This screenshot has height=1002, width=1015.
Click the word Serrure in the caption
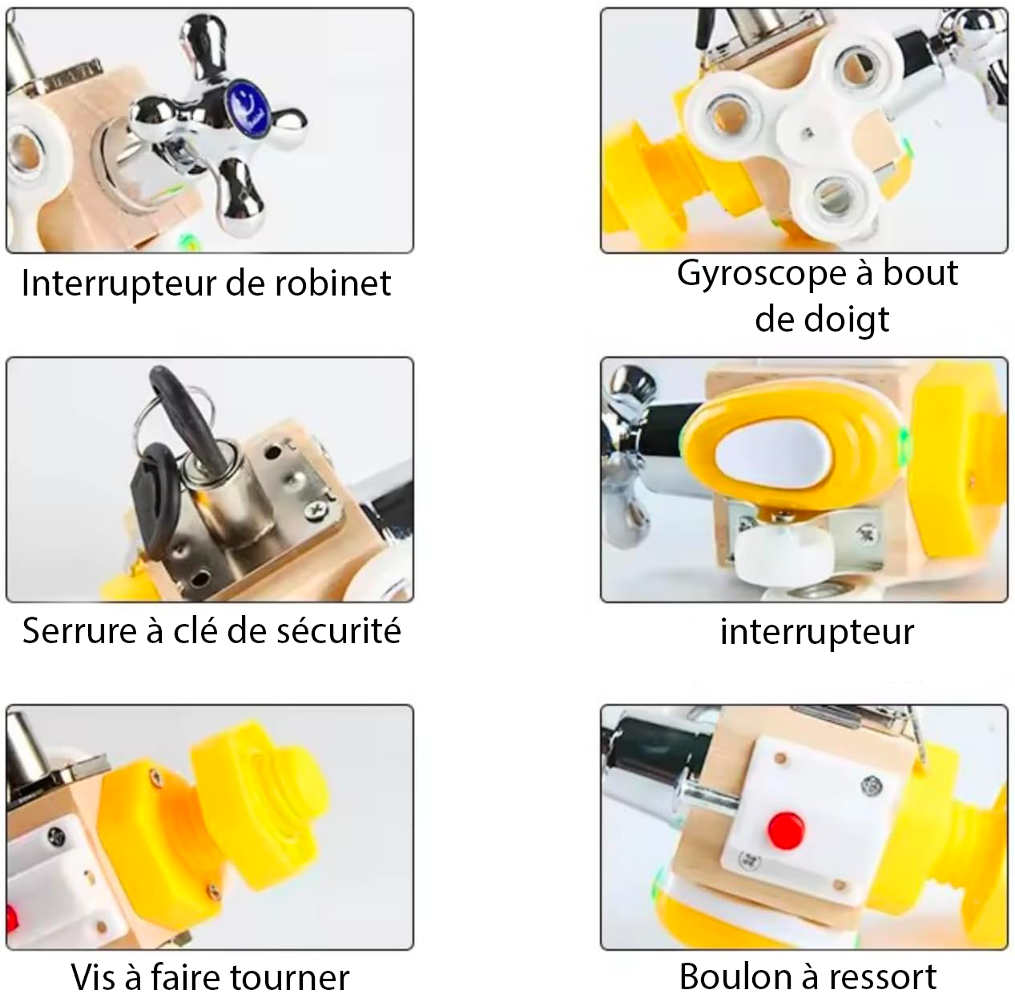(x=79, y=630)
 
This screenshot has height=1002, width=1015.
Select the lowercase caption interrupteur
(x=817, y=632)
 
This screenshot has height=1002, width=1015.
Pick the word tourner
(x=291, y=977)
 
